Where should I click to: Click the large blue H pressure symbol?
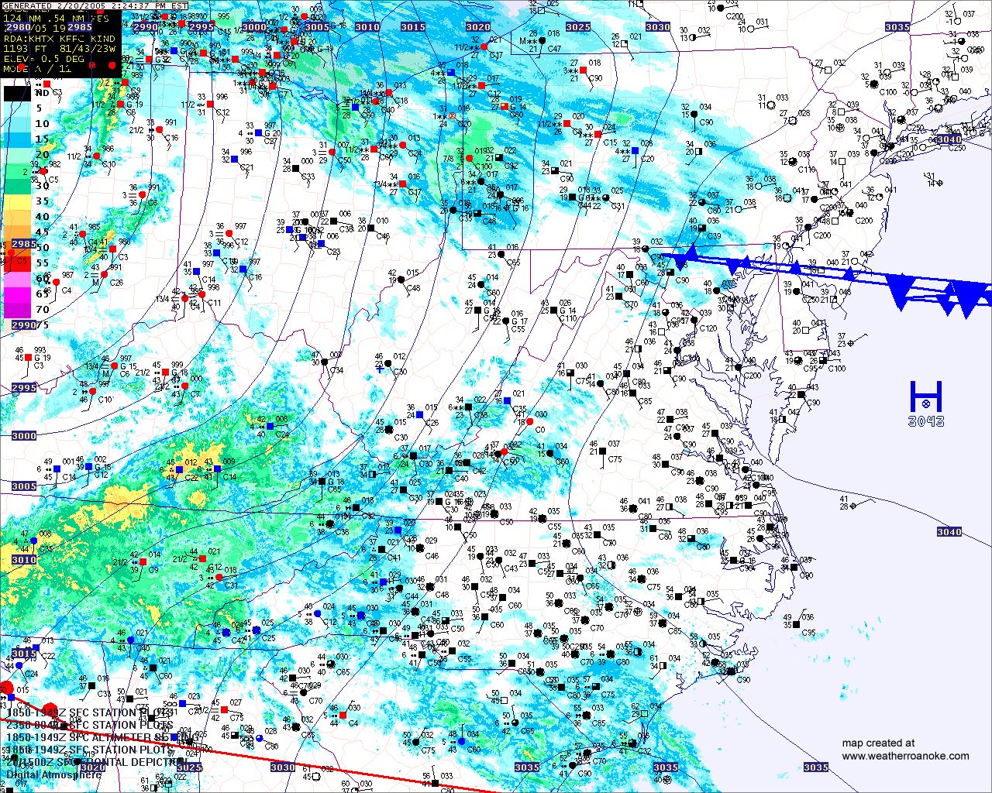tap(925, 396)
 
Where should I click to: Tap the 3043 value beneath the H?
tap(926, 421)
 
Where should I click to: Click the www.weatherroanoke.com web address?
tap(905, 756)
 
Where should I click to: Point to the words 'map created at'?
tap(878, 743)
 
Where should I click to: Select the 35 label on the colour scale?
tap(42, 201)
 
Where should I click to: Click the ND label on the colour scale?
tap(42, 93)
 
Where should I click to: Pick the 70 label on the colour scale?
tap(42, 310)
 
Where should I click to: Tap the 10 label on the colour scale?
tap(42, 124)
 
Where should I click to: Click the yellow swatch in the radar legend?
tap(17, 201)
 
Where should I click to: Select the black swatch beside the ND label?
tap(17, 93)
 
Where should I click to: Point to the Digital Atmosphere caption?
tap(54, 774)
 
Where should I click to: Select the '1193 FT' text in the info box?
tap(27, 48)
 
